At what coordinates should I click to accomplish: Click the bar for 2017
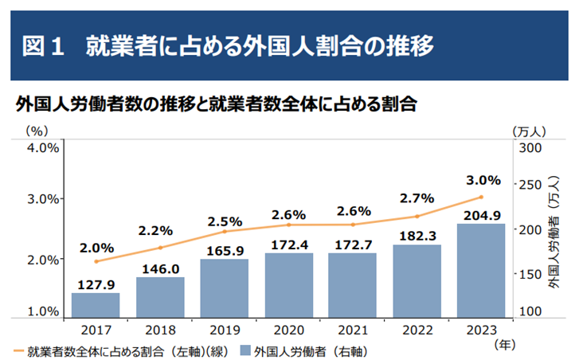coord(96,305)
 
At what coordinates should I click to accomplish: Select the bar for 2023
coord(481,271)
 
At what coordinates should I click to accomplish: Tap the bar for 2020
coord(288,285)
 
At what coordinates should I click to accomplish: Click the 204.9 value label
coord(481,214)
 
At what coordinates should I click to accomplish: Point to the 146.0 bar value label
coord(160,269)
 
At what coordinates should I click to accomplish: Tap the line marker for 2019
coord(225,232)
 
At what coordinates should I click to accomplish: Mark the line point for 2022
coord(417,216)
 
